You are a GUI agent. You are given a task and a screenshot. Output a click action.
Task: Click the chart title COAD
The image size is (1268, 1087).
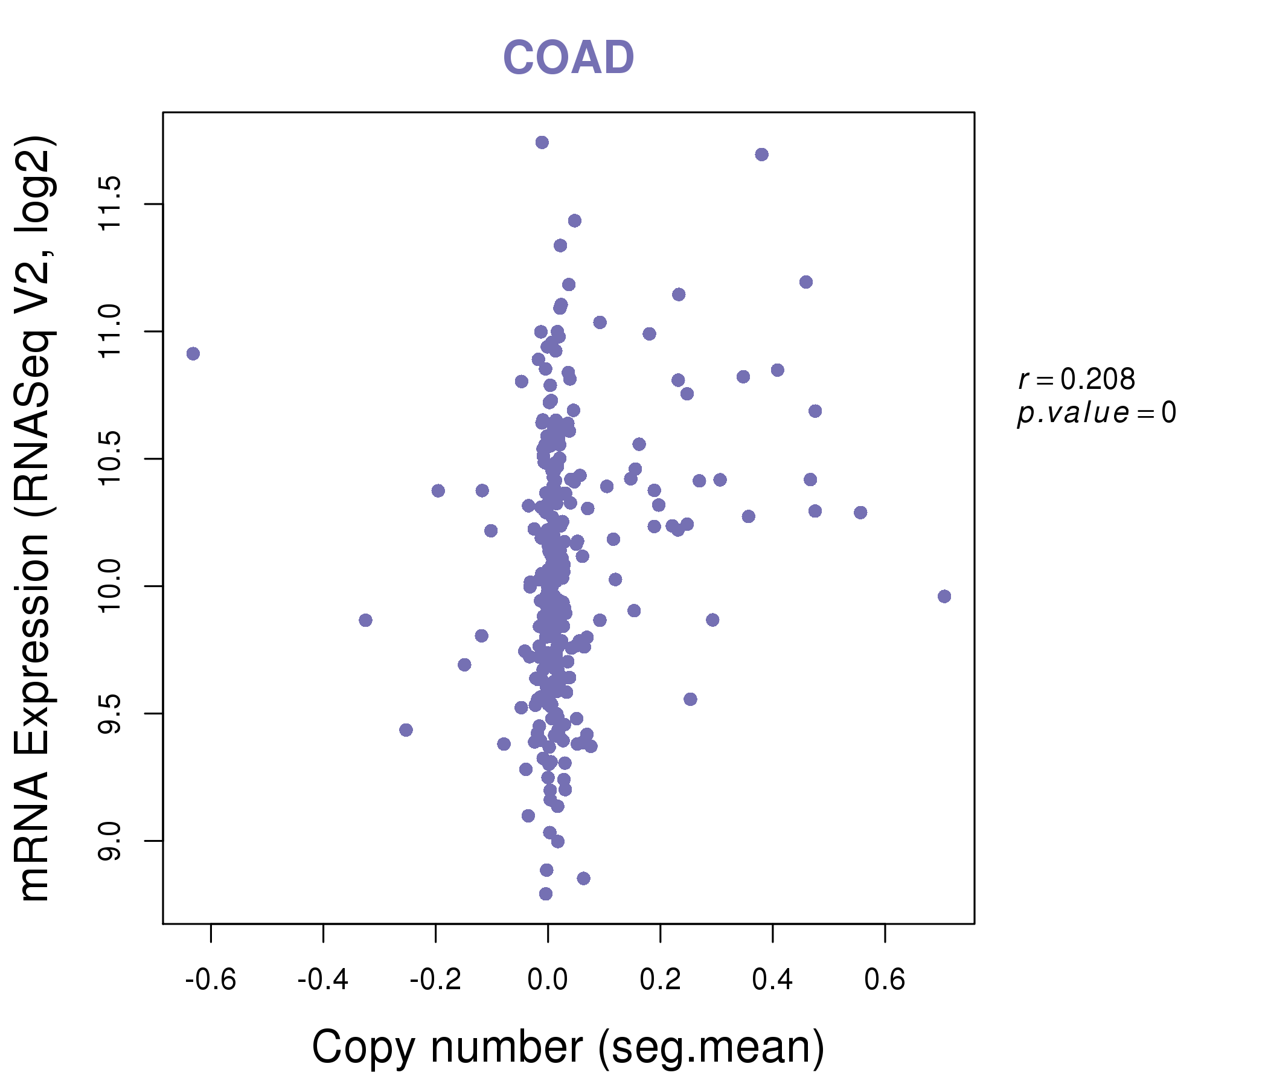568,57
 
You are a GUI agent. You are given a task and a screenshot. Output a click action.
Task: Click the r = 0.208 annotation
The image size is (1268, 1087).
1077,379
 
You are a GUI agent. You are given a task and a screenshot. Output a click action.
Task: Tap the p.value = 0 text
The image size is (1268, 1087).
1096,413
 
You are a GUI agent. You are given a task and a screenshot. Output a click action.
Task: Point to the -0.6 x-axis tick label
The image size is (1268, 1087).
211,980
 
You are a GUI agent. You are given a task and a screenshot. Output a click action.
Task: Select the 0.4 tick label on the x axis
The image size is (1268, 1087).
772,980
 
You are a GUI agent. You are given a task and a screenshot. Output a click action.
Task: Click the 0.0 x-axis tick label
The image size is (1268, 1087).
548,980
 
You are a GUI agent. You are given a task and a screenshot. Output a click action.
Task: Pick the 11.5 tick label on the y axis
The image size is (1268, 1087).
110,204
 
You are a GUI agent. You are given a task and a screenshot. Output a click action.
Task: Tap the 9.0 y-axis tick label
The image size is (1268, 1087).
110,841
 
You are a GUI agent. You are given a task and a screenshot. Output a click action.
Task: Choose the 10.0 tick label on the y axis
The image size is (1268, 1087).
110,586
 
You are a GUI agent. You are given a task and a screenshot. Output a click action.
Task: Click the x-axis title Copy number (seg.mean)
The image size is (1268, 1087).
568,1047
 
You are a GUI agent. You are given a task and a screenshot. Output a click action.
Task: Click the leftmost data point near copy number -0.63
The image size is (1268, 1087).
193,354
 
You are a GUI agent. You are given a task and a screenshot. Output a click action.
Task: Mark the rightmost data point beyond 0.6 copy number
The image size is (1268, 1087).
944,597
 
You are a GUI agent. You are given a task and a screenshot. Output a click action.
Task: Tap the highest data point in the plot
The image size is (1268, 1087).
542,143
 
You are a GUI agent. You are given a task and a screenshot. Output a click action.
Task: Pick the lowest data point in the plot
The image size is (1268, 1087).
546,894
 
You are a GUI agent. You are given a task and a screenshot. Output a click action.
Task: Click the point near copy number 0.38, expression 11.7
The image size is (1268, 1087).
762,155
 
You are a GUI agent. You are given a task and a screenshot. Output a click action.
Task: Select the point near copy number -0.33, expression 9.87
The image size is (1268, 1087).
366,621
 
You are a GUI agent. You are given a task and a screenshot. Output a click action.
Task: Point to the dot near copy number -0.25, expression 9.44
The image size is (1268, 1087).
406,730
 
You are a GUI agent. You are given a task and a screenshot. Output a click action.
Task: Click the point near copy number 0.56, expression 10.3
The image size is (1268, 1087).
861,513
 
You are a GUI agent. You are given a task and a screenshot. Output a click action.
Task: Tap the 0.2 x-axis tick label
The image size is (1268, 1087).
661,980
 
